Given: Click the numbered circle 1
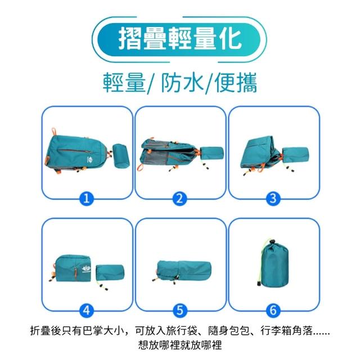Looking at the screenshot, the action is point(86,198).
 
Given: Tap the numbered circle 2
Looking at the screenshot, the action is point(180,198).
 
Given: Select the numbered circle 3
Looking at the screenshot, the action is point(273,198).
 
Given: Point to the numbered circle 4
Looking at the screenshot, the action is point(86,310).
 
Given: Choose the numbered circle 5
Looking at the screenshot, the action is point(180,310).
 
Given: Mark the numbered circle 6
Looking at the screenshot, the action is point(273,310).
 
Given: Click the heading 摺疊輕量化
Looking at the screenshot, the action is point(180,39).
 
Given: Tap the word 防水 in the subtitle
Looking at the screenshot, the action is point(182,83).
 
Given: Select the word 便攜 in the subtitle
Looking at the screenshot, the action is point(236,83).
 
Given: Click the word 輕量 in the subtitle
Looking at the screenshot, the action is point(124,83).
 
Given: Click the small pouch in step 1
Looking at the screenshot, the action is point(121,156).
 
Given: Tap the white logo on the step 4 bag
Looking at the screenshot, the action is point(86,268).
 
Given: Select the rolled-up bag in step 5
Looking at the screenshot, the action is point(184,271).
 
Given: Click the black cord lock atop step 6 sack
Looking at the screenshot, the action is point(272,242).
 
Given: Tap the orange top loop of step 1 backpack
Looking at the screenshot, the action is point(54,132).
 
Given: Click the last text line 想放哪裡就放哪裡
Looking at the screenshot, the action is point(180,345).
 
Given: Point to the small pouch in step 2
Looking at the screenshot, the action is point(211,153).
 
